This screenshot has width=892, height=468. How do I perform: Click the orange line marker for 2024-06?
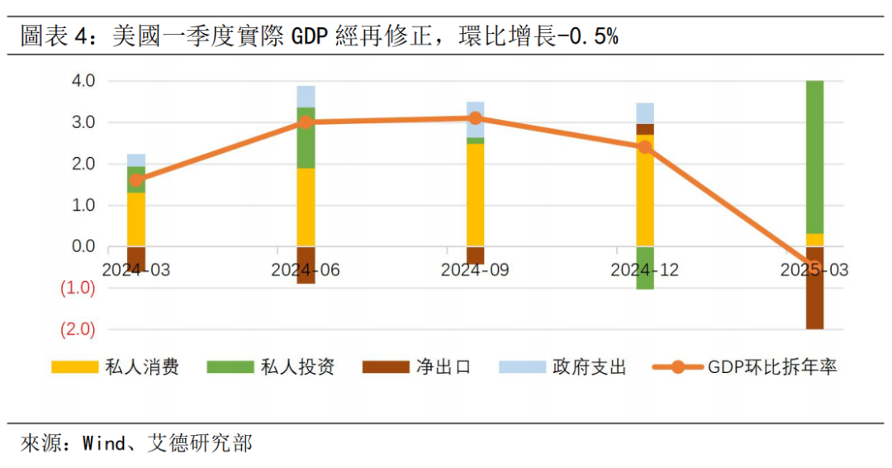click(x=306, y=122)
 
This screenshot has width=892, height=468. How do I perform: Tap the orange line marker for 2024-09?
click(x=475, y=118)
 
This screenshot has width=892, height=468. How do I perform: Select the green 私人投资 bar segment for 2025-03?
click(x=814, y=157)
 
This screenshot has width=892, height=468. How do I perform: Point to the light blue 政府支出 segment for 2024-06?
click(x=306, y=97)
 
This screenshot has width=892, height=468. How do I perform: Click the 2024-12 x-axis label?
click(x=644, y=270)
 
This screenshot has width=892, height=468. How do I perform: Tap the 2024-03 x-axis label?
click(x=135, y=270)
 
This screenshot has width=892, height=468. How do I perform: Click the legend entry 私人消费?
click(x=141, y=367)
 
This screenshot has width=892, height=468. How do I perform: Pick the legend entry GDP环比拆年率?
click(x=772, y=367)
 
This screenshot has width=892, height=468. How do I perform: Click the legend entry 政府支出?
click(x=589, y=367)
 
